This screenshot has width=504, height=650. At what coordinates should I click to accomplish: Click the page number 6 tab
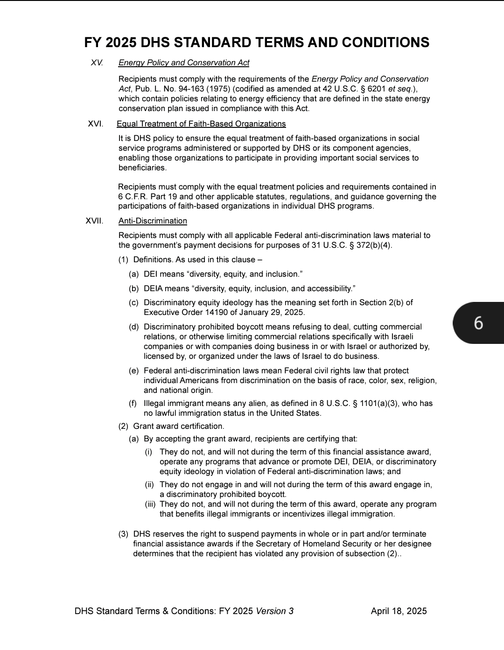point(479,323)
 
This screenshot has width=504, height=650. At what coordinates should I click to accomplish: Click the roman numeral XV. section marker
point(97,63)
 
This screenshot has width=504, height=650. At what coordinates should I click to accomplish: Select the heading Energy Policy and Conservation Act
point(184,63)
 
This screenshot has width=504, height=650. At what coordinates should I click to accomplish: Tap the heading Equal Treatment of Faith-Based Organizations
point(201,124)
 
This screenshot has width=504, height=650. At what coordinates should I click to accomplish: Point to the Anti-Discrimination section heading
point(153,221)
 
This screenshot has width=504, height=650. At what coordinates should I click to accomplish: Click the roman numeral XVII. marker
point(94,221)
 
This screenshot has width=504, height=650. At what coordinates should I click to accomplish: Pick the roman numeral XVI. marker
point(96,124)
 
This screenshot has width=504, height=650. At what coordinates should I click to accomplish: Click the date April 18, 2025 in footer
point(399,611)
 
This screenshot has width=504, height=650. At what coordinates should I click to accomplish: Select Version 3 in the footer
point(275,611)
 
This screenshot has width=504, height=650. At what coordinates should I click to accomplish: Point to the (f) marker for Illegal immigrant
point(133,403)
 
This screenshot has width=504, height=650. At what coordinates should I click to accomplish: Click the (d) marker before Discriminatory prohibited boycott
point(133,327)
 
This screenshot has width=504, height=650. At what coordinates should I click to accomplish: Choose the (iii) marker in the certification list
point(150,504)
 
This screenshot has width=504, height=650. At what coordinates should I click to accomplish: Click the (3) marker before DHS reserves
point(123,534)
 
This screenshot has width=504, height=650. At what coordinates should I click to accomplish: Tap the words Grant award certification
point(179,426)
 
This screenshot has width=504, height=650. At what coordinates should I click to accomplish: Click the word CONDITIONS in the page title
point(385,42)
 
